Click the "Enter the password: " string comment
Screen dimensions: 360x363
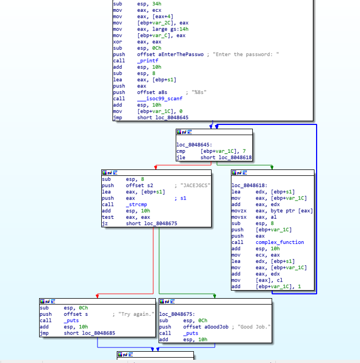coord(246,54)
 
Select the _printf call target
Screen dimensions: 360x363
coord(148,61)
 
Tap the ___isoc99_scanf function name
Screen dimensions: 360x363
coord(160,99)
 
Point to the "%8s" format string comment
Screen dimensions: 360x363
coord(199,92)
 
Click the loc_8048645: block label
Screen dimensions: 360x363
coord(194,145)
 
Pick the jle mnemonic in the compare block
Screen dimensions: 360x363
coord(181,158)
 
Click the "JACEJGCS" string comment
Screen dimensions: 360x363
coord(196,186)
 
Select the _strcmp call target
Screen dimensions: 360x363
coord(136,205)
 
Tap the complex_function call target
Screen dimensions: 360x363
coord(280,242)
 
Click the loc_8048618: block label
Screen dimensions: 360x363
coord(250,186)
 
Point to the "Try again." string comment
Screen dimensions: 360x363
coord(136,314)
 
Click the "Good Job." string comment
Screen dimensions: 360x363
coord(254,327)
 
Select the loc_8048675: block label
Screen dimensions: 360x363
coord(177,314)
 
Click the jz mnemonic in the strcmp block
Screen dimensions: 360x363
coord(105,224)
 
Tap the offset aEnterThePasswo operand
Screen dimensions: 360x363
coord(170,54)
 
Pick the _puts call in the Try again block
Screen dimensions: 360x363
coord(71,321)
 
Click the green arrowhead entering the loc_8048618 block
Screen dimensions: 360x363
coord(272,167)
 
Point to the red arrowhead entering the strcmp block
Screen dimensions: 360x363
coord(156,167)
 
